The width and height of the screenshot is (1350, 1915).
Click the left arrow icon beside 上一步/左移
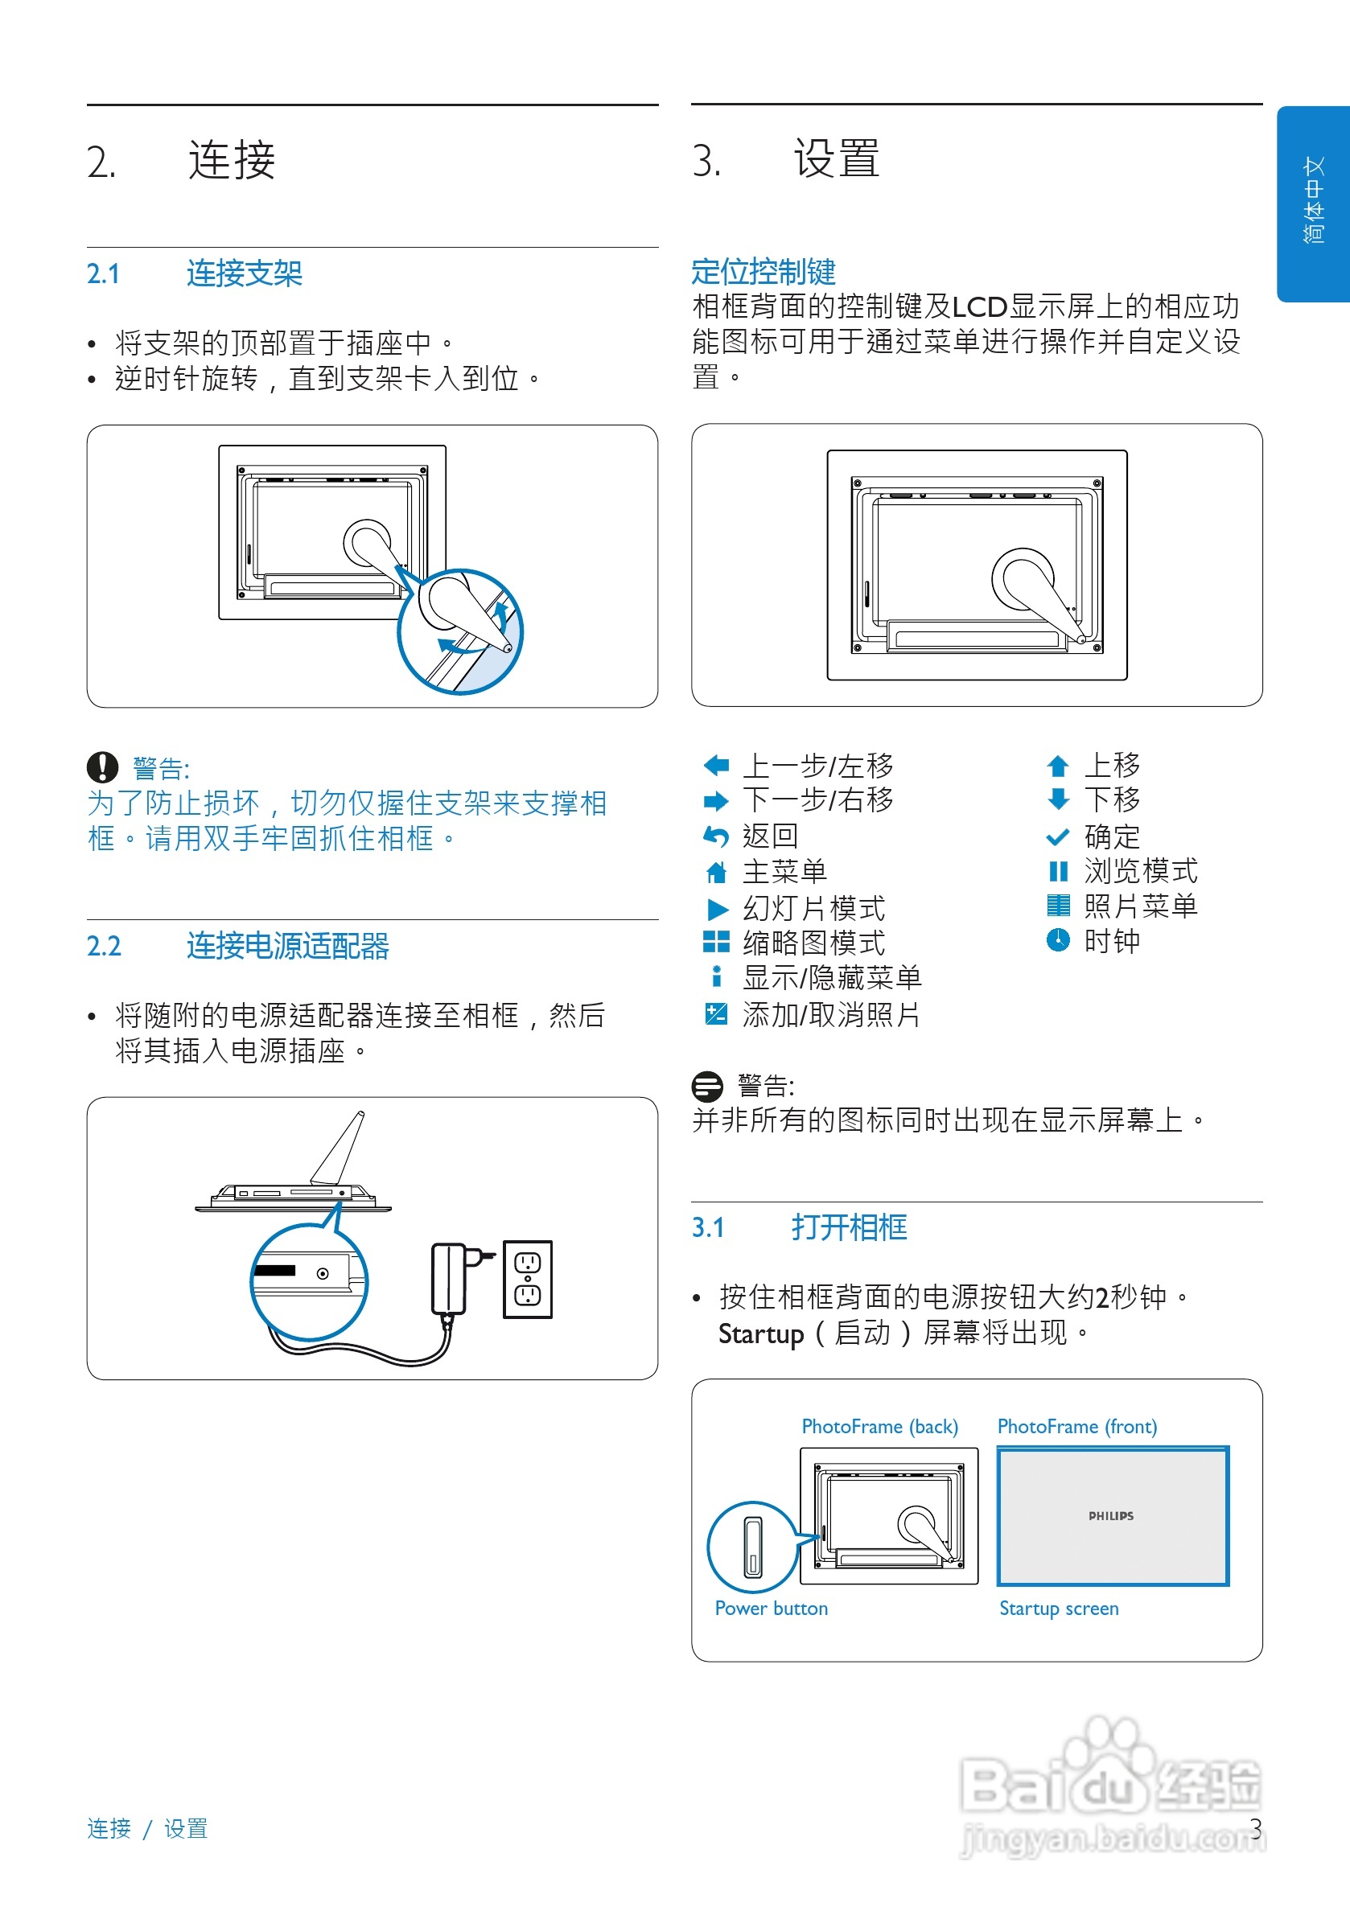[x=716, y=765]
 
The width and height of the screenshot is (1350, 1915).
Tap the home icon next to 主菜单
[x=716, y=872]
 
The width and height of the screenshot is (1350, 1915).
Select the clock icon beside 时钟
[x=1057, y=940]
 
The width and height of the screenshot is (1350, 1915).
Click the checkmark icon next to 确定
[x=1057, y=836]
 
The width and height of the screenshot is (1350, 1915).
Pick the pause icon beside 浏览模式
[x=1057, y=871]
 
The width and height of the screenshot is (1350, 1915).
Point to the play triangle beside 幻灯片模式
[x=717, y=908]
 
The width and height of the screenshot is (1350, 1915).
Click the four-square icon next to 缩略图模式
[x=716, y=942]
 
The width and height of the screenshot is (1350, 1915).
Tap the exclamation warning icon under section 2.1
[x=102, y=766]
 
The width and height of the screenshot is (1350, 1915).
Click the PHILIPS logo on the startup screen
[x=1110, y=1515]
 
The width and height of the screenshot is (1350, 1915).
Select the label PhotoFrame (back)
[x=879, y=1426]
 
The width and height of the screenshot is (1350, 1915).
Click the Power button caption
[x=771, y=1608]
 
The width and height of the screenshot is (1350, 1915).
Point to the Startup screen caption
[x=1058, y=1608]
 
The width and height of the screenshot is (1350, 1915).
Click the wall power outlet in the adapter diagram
[x=527, y=1279]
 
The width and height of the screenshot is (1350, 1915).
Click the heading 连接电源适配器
[x=287, y=946]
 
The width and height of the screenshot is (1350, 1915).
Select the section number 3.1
[x=707, y=1227]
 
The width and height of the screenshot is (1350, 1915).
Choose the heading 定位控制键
[x=763, y=271]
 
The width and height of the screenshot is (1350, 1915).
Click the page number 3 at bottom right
[x=1255, y=1828]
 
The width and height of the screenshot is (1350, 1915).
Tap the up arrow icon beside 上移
[x=1057, y=765]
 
